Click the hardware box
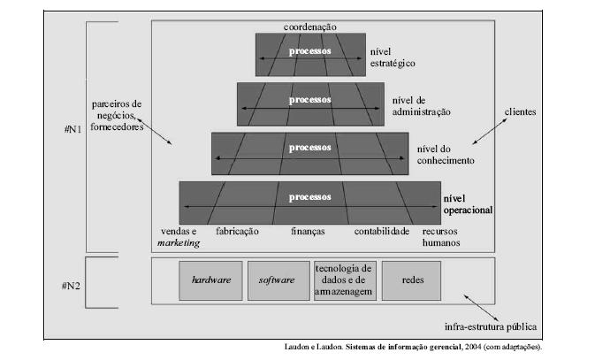pos(211,280)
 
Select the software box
pos(278,280)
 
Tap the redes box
pos(411,280)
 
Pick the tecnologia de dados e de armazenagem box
pos(345,280)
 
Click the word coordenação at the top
pos(310,27)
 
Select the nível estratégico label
pos(393,57)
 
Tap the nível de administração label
pos(421,105)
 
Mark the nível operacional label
pos(467,204)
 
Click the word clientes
pos(521,112)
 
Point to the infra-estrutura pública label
pos(496,326)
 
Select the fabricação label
pos(237,231)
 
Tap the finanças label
pos(308,231)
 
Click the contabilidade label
pos(382,231)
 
